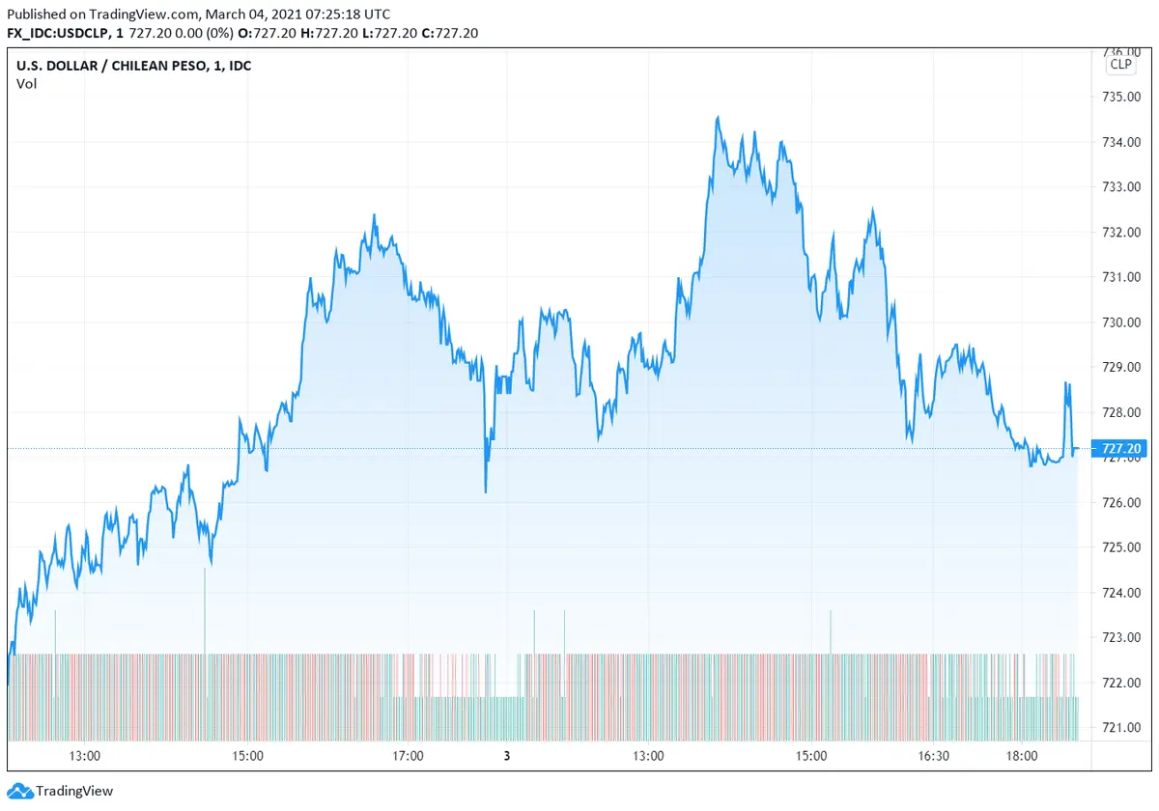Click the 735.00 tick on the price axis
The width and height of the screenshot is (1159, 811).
1121,97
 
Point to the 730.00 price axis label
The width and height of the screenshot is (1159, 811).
1121,322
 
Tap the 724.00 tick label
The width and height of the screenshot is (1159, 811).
1121,593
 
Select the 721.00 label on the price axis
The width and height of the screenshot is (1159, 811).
1121,728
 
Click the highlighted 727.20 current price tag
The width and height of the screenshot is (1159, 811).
1120,449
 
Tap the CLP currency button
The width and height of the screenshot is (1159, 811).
1120,65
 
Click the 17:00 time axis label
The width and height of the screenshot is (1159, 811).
409,756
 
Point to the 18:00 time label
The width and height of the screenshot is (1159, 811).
1022,756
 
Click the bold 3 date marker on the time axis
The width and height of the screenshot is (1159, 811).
506,756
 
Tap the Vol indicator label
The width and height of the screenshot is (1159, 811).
26,84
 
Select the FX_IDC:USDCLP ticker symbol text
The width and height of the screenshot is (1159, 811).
57,33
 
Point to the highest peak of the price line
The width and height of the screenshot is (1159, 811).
718,118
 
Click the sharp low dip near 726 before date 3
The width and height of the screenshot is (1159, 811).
485,491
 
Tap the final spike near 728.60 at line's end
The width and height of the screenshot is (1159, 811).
1067,384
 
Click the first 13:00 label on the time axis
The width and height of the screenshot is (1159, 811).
85,756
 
